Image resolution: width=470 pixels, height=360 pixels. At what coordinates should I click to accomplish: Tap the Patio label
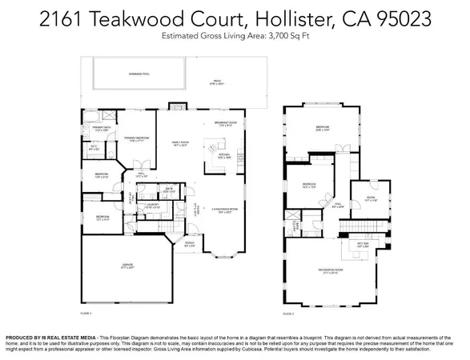click(x=216, y=81)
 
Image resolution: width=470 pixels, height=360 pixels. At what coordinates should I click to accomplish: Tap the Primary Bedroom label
click(x=138, y=138)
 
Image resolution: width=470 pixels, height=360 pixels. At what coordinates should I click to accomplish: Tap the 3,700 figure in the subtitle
click(x=285, y=37)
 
